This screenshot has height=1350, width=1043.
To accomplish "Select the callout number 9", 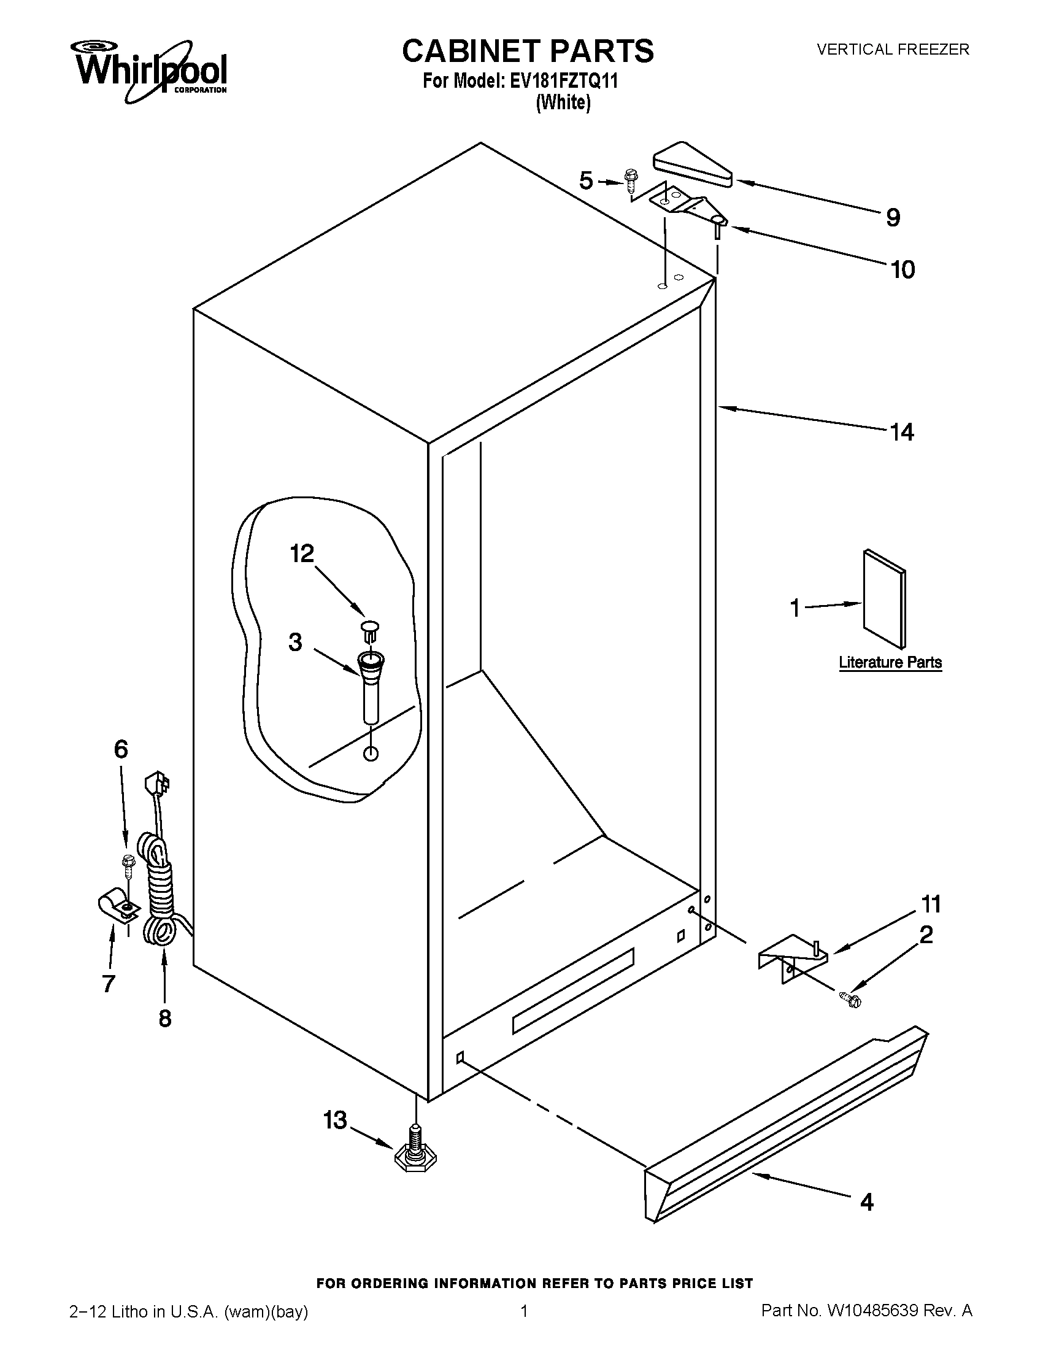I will coord(893,218).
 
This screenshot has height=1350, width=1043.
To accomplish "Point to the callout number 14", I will coord(901,432).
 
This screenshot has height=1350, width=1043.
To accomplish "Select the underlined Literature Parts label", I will coord(890,662).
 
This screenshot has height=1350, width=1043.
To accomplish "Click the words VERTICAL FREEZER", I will coord(893,50).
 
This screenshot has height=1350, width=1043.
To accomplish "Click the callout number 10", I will coord(903,269).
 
